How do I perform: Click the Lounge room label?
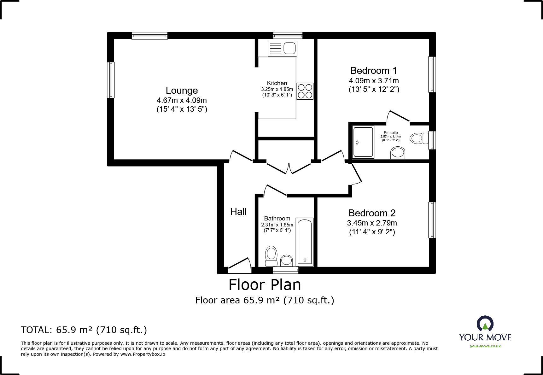click(x=182, y=91)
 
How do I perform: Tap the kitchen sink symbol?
click(x=282, y=49)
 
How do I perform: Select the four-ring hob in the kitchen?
click(x=305, y=91)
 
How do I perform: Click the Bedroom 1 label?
click(x=373, y=71)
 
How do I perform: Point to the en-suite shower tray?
click(x=363, y=142)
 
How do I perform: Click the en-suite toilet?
click(x=418, y=138)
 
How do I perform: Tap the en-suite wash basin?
click(x=398, y=153)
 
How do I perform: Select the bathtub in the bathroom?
click(x=305, y=242)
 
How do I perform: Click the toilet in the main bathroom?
click(x=271, y=256)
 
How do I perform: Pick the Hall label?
click(x=238, y=212)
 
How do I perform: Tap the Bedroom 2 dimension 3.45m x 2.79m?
click(x=372, y=223)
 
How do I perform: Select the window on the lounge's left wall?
click(x=111, y=80)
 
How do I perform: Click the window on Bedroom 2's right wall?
click(x=432, y=220)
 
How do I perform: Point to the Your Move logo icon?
click(x=485, y=324)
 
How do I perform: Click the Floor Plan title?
click(x=265, y=285)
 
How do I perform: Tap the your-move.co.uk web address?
click(x=485, y=346)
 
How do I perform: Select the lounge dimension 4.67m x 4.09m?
click(x=182, y=100)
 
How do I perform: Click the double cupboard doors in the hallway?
click(x=289, y=168)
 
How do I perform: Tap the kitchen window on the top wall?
click(x=288, y=35)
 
